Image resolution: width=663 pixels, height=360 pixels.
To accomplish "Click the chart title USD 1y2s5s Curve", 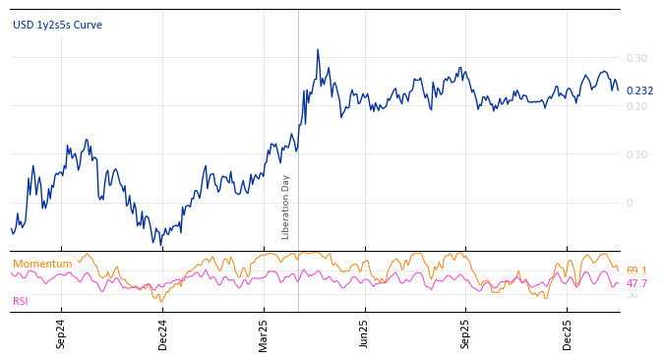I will point(57,25).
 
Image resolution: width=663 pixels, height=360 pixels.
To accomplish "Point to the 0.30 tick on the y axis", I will point(636,58).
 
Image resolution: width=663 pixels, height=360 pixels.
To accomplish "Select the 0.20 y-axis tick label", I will point(636,106).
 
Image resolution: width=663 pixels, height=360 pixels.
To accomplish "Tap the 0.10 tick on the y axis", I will point(636,154).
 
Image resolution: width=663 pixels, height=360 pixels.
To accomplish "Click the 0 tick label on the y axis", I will point(630,203).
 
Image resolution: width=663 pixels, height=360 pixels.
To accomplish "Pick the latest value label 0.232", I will point(639,90).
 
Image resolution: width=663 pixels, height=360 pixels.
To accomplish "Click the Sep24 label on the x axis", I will point(61,333).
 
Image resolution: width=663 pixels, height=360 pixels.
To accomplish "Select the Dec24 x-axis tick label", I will point(162,333).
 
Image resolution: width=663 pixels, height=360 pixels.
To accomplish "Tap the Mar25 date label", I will point(264,333).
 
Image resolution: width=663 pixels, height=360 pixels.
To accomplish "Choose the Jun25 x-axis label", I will point(365,333).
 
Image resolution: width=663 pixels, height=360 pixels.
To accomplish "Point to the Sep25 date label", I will point(466,333).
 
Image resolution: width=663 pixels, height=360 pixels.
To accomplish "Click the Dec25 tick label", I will point(568,333).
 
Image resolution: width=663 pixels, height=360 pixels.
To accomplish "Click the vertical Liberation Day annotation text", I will point(286,207).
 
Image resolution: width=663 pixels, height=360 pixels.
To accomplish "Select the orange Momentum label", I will point(42,264).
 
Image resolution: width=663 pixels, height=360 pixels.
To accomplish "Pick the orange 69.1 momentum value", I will point(636,270).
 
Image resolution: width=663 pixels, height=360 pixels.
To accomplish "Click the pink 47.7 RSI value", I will point(636,283).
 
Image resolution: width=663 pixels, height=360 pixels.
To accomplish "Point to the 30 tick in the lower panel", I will point(632,294).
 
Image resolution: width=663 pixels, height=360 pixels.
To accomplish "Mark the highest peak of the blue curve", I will point(318,49).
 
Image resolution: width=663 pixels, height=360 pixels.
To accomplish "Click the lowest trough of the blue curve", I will point(153,243).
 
